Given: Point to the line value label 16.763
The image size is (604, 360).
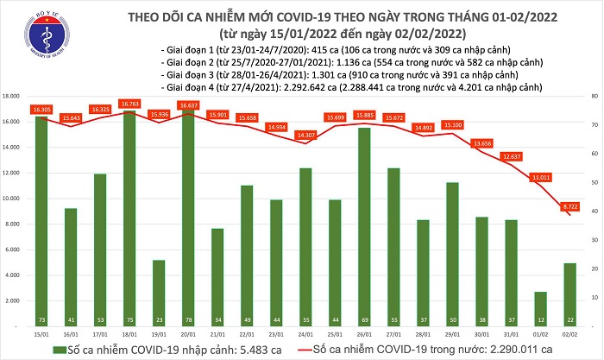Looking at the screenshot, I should [129, 104].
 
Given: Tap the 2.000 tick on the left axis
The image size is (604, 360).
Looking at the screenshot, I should [14, 300].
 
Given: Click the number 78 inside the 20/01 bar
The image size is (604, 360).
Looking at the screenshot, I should [187, 318].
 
